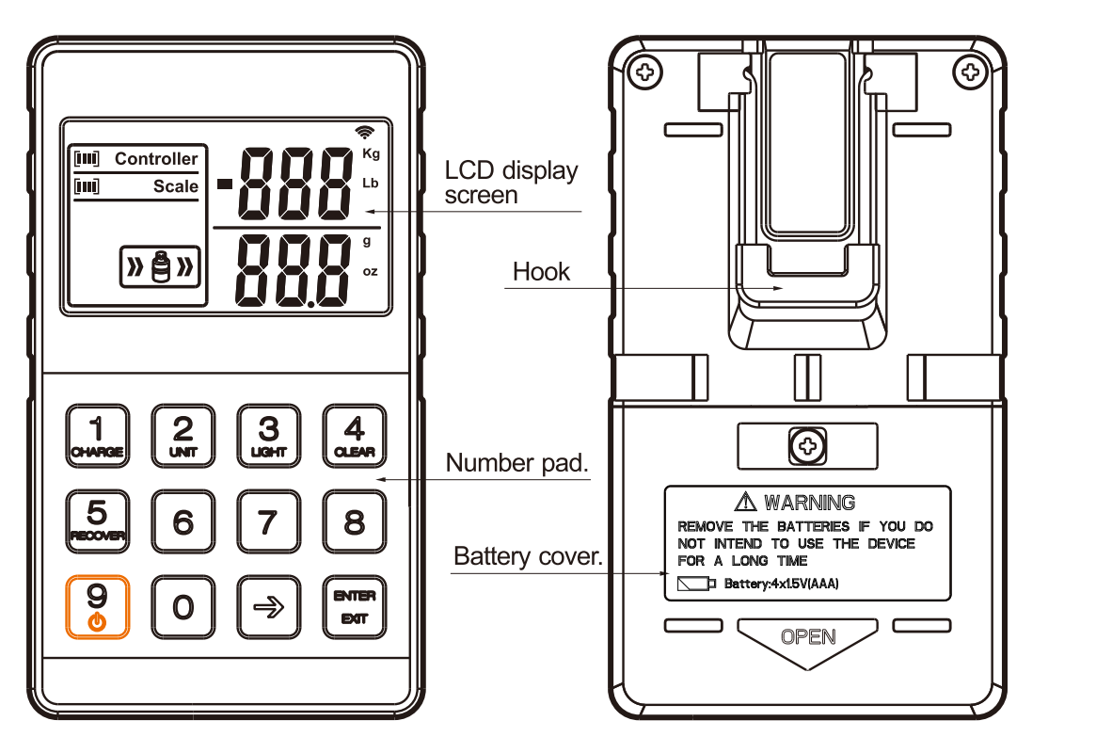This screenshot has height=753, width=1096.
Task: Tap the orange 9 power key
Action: pyautogui.click(x=97, y=606)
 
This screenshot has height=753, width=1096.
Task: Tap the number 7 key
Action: pyautogui.click(x=268, y=521)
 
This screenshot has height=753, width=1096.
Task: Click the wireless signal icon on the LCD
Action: pyautogui.click(x=365, y=132)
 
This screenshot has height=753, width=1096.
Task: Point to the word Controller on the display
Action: pyautogui.click(x=156, y=159)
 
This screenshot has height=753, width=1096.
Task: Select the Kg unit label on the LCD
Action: pyautogui.click(x=371, y=154)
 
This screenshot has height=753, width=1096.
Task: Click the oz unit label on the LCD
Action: pyautogui.click(x=371, y=272)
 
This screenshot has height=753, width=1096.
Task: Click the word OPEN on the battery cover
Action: pyautogui.click(x=808, y=637)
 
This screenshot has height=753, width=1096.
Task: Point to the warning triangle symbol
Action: pyautogui.click(x=746, y=502)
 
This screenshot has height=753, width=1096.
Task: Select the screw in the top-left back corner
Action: pyautogui.click(x=646, y=72)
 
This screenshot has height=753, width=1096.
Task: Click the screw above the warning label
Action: pyautogui.click(x=806, y=445)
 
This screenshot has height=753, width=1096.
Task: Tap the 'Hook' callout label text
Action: pyautogui.click(x=541, y=273)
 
